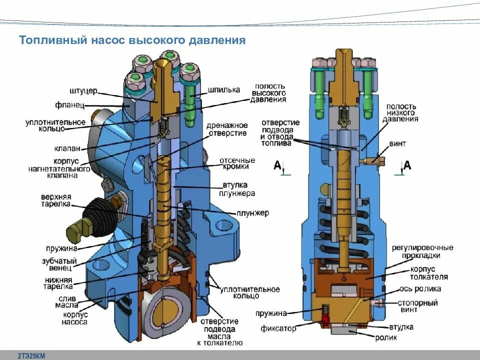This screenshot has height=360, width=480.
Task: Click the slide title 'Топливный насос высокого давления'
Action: coord(132,40)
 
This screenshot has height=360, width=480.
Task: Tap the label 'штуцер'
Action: coord(83,91)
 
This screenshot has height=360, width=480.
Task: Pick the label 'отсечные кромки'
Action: coord(237,163)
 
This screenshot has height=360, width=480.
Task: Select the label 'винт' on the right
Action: coord(397,144)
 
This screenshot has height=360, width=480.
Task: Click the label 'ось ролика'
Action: coord(420,288)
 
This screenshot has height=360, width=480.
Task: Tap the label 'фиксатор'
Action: coord(278,328)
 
